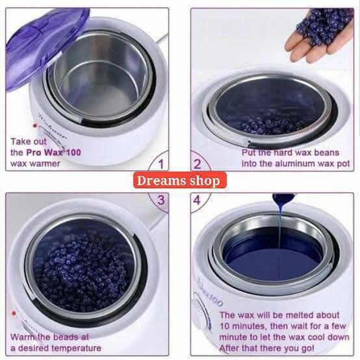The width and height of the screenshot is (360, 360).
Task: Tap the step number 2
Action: click(x=198, y=163)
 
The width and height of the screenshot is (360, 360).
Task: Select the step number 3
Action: click(x=161, y=199)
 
